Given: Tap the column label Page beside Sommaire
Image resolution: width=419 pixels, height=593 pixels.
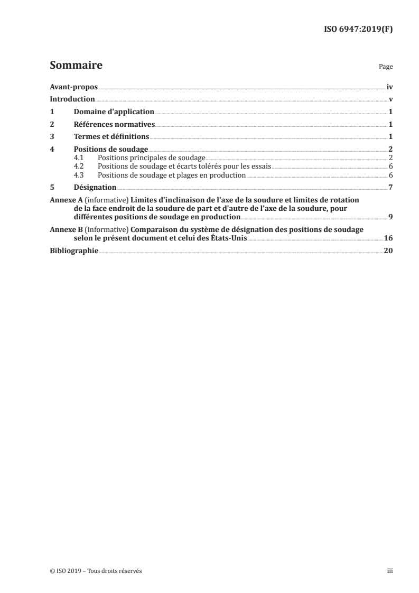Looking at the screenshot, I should pyautogui.click(x=386, y=67).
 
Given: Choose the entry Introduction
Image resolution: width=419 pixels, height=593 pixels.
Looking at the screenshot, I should pyautogui.click(x=72, y=99).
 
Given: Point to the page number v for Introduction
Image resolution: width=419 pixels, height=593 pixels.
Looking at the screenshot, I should pyautogui.click(x=390, y=99).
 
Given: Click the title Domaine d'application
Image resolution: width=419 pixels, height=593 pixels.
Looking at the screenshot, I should pyautogui.click(x=114, y=112).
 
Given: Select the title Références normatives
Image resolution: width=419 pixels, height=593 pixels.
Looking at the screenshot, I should pyautogui.click(x=114, y=124).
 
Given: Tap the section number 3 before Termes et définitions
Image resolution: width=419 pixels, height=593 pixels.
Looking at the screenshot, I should pyautogui.click(x=52, y=137).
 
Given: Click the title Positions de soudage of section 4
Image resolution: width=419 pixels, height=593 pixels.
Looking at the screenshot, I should pyautogui.click(x=111, y=150).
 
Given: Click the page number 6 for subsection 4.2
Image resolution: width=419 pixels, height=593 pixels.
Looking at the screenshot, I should pyautogui.click(x=390, y=166).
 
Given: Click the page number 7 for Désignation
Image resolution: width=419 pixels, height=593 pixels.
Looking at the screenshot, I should pyautogui.click(x=390, y=187).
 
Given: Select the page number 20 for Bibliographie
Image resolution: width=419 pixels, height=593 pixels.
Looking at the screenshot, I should pyautogui.click(x=388, y=251).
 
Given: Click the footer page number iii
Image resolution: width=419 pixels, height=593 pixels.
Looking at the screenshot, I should pyautogui.click(x=389, y=571).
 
